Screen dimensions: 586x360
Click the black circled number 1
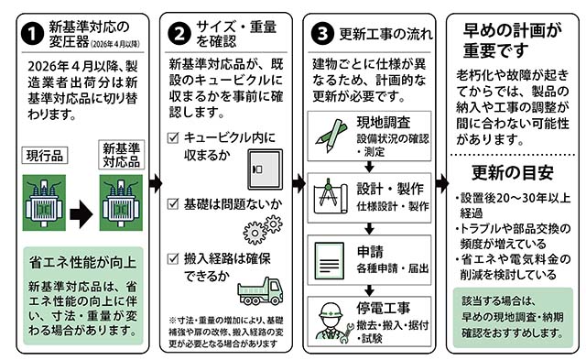pyautogui.click(x=33, y=35)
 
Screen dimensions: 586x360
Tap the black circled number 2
pyautogui.click(x=179, y=34)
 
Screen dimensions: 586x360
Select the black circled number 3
pyautogui.click(x=322, y=33)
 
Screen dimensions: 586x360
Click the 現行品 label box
pyautogui.click(x=45, y=156)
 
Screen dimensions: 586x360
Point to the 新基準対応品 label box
pyautogui.click(x=122, y=155)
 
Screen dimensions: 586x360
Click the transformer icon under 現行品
pyautogui.click(x=44, y=202)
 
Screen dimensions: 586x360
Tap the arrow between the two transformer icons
pyautogui.click(x=81, y=214)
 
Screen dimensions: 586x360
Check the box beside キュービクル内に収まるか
pyautogui.click(x=173, y=138)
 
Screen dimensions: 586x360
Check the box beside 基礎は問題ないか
pyautogui.click(x=173, y=203)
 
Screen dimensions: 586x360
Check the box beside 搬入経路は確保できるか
pyautogui.click(x=173, y=258)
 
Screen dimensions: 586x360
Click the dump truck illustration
pyautogui.click(x=260, y=291)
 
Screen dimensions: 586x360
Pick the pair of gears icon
pyautogui.click(x=263, y=230)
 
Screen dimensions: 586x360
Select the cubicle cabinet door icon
pyautogui.click(x=266, y=169)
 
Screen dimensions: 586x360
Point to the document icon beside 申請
pyautogui.click(x=330, y=261)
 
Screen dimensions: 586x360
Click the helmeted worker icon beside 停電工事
pyautogui.click(x=333, y=322)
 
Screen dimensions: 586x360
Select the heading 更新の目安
pyautogui.click(x=513, y=173)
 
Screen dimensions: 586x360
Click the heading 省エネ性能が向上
pyautogui.click(x=82, y=262)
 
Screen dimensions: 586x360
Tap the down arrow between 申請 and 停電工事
pyautogui.click(x=369, y=290)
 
